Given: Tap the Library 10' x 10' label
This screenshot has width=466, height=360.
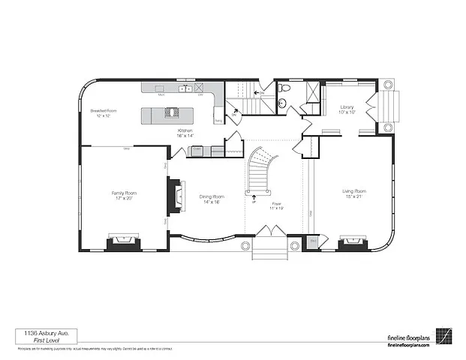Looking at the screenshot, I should click(x=346, y=109).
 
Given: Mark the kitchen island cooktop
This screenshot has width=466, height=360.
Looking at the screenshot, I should click(x=173, y=113).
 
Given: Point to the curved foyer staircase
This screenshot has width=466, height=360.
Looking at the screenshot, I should click(x=263, y=169).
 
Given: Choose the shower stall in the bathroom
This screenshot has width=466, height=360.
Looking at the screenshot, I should click(x=309, y=93).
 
